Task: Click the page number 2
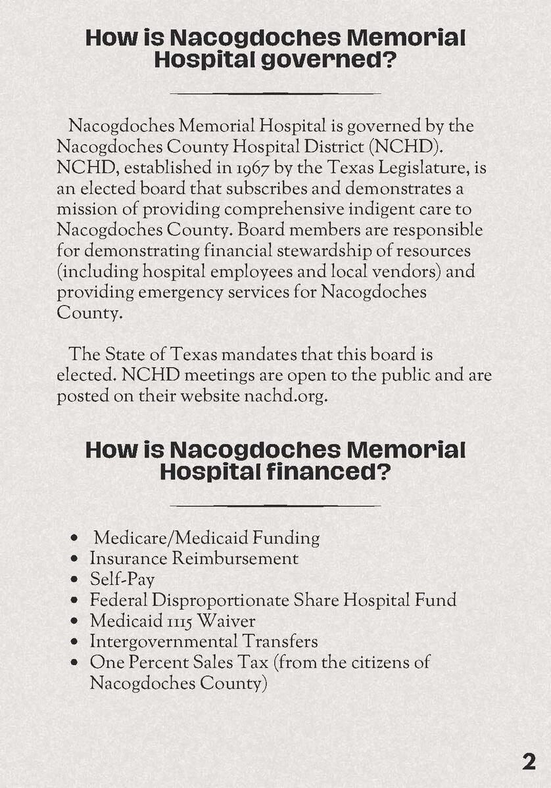click(x=529, y=761)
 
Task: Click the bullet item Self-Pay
click(x=122, y=579)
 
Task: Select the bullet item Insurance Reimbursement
click(x=193, y=558)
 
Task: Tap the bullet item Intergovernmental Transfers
click(x=203, y=641)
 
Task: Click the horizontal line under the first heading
click(x=275, y=93)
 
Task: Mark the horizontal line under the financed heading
click(x=275, y=505)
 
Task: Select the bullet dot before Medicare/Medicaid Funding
click(x=76, y=538)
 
